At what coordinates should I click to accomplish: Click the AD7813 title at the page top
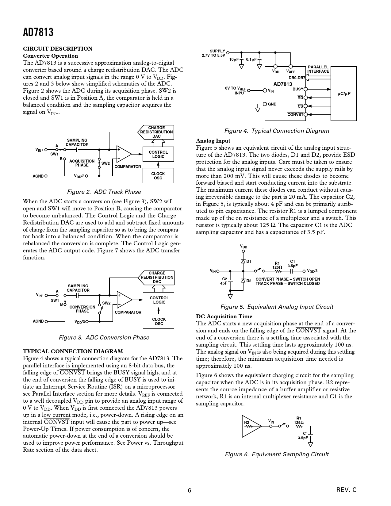tap(38, 32)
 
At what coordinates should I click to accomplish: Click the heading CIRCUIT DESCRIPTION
tap(58, 48)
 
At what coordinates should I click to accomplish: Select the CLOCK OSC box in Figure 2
tap(158, 176)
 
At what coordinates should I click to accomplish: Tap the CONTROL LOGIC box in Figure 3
tap(159, 300)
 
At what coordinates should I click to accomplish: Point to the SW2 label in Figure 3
tap(106, 303)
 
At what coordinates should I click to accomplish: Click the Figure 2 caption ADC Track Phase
tap(104, 192)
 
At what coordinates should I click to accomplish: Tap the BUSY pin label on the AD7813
tap(297, 89)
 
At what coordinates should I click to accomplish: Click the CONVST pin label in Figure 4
tap(295, 115)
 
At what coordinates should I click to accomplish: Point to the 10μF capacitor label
tap(234, 59)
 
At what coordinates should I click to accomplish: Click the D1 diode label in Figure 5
tap(249, 262)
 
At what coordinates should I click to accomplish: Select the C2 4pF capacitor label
tap(224, 281)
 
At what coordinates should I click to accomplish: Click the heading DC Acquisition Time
tap(224, 316)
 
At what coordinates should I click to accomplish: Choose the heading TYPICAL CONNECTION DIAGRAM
tap(73, 351)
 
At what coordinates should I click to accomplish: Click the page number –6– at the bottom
tap(190, 491)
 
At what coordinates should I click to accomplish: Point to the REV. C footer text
tap(346, 490)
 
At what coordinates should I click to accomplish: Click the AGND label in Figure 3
tap(38, 321)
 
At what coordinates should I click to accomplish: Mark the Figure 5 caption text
tap(277, 307)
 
